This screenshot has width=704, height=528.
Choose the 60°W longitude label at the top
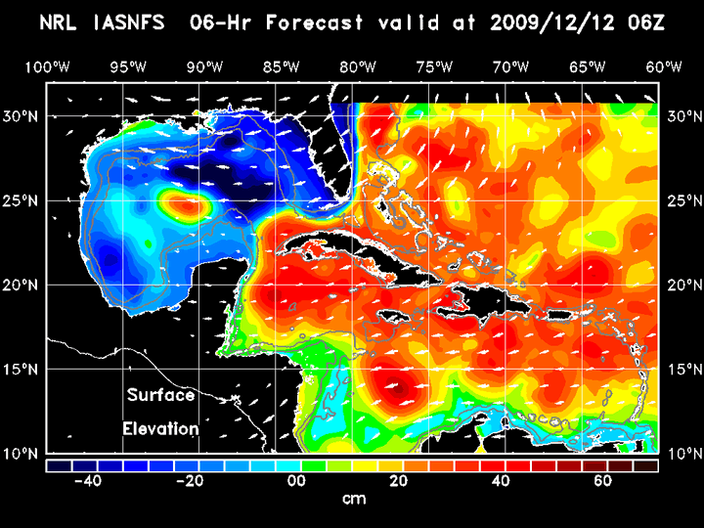pos(664,67)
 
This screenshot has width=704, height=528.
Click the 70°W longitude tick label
pos(511,67)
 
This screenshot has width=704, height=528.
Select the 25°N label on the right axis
pos(682,200)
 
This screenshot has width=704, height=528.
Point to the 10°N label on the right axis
pos(682,454)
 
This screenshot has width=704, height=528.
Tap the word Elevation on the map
pos(161,428)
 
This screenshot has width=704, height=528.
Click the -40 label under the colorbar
pos(88,481)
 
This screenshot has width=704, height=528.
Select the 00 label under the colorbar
pos(293,481)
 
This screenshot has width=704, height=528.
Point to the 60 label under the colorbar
pos(603,481)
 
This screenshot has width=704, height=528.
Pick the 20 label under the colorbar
pos(397,481)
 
